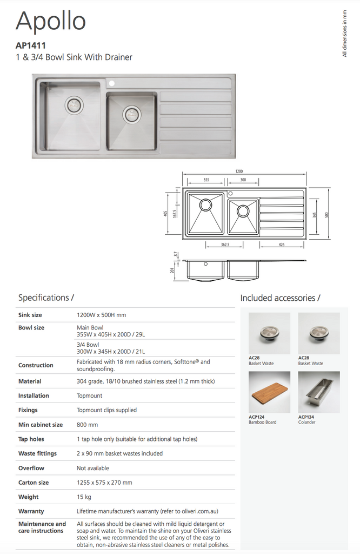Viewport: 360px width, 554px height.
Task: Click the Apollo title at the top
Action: click(51, 22)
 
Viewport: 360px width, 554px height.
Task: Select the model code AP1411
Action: click(30, 46)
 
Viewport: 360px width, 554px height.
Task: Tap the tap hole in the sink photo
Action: click(112, 84)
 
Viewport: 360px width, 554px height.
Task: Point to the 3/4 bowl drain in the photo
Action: click(131, 114)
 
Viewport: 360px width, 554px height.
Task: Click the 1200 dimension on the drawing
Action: click(239, 171)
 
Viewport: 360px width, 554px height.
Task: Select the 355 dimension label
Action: click(206, 180)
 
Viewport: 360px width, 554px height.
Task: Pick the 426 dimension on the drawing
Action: click(282, 244)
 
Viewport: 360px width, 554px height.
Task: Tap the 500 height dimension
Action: click(326, 215)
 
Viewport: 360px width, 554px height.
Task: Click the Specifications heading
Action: click(46, 298)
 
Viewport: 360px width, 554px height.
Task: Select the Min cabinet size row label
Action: click(40, 425)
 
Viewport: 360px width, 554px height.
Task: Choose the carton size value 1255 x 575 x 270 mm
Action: click(104, 482)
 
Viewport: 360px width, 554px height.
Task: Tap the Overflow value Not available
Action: click(92, 468)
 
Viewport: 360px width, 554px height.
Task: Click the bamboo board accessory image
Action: click(269, 392)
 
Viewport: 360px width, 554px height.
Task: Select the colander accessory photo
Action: click(319, 392)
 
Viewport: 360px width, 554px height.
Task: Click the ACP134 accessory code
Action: click(306, 417)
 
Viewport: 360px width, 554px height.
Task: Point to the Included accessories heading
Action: click(280, 298)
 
